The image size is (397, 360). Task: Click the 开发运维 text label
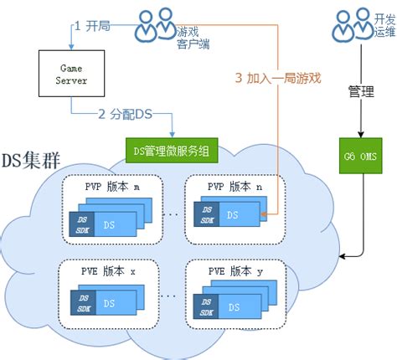[384, 24]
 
